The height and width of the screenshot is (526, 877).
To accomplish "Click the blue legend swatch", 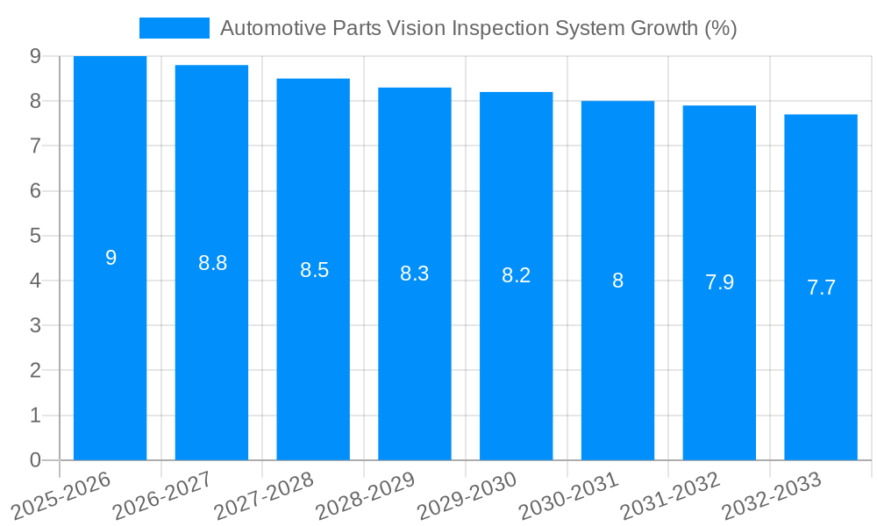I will click(x=174, y=28).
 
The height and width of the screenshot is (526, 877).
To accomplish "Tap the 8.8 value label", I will click(x=212, y=263).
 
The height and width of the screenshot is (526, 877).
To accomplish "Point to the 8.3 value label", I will click(x=414, y=274).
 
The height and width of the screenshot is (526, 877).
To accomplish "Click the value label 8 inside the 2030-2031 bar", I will click(x=617, y=281).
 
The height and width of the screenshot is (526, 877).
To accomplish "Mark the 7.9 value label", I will click(x=719, y=282).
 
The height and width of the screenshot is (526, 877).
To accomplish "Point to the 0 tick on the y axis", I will click(x=35, y=460).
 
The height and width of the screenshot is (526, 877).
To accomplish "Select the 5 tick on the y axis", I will click(x=35, y=236).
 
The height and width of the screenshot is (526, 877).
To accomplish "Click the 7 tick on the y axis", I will click(x=35, y=146).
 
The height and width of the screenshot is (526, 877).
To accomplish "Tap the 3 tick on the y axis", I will click(x=35, y=326).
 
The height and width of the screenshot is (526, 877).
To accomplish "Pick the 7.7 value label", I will click(x=821, y=288).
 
